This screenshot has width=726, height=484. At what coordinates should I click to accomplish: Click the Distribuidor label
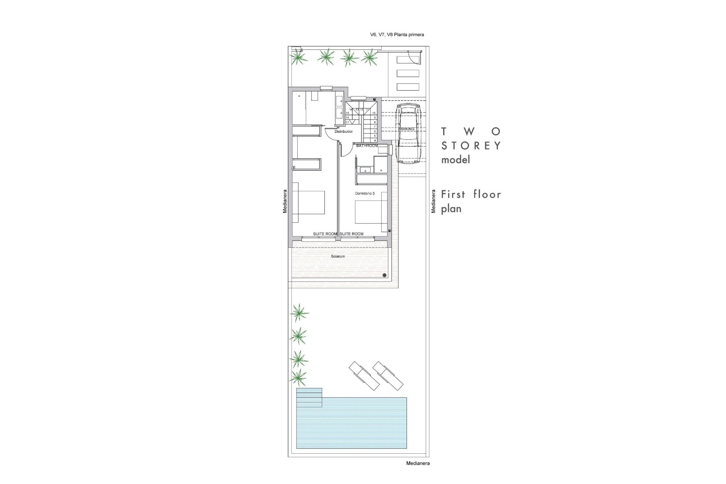click(x=343, y=132)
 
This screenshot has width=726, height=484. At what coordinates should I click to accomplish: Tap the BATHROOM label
click(x=367, y=146)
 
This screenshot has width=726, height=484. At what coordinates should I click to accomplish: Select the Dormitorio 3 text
click(x=365, y=193)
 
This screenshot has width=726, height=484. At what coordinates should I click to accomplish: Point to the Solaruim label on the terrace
click(x=338, y=256)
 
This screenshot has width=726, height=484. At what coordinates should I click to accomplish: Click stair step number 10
click(x=374, y=113)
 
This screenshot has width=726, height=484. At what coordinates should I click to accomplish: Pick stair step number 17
click(x=347, y=122)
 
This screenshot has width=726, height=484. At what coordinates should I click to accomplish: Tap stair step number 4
click(x=374, y=140)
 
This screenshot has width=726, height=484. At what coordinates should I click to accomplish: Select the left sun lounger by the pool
click(x=364, y=376)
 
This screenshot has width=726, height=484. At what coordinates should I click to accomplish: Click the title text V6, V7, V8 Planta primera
click(x=397, y=35)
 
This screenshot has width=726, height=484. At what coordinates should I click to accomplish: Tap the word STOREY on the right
click(x=471, y=146)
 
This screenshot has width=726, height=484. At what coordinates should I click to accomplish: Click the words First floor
click(x=471, y=194)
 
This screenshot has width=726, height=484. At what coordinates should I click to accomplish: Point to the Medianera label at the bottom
click(x=417, y=463)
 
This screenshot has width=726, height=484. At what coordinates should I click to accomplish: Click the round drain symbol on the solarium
click(x=385, y=275)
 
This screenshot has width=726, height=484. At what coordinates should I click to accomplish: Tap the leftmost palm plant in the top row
click(x=298, y=57)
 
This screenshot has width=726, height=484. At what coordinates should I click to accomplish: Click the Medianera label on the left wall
click(x=285, y=201)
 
